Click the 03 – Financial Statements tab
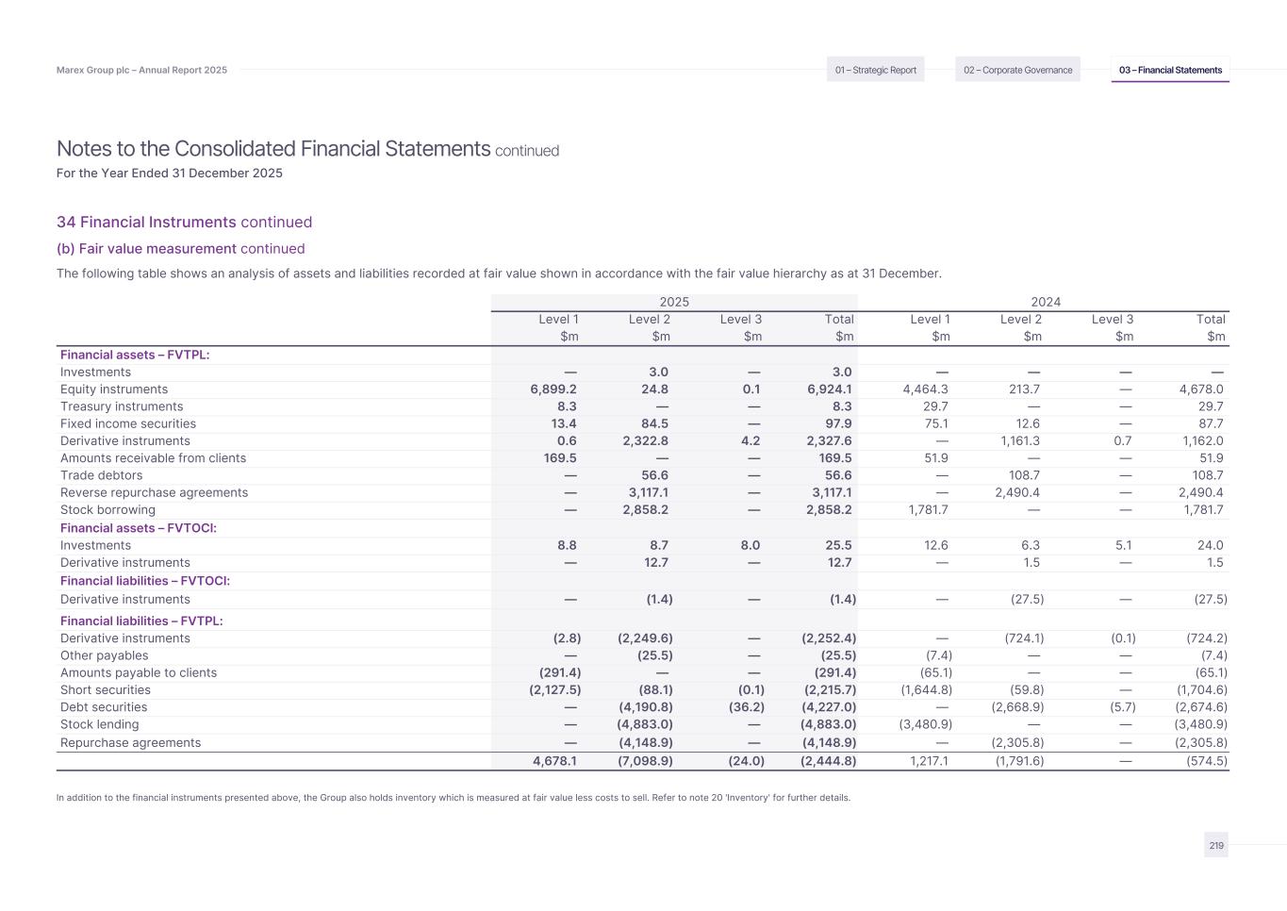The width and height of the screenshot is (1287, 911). pyautogui.click(x=1170, y=70)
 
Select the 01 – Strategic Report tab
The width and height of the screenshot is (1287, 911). pyautogui.click(x=875, y=70)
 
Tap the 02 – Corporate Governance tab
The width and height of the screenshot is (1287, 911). pyautogui.click(x=1017, y=70)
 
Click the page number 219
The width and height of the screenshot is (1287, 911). pyautogui.click(x=1216, y=846)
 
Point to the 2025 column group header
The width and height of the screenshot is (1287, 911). pyautogui.click(x=674, y=302)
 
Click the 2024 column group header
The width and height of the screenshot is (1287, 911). pyautogui.click(x=1046, y=302)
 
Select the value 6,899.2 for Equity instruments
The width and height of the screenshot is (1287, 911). pyautogui.click(x=553, y=389)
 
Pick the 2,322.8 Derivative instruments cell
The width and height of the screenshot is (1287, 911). pyautogui.click(x=645, y=441)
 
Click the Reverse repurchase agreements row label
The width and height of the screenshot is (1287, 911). pyautogui.click(x=154, y=493)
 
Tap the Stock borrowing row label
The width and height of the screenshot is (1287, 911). pyautogui.click(x=107, y=510)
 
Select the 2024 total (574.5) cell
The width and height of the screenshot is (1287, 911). pyautogui.click(x=1206, y=761)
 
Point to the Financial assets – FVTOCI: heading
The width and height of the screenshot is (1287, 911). pyautogui.click(x=139, y=528)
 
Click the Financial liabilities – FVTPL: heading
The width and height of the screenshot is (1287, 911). pyautogui.click(x=141, y=621)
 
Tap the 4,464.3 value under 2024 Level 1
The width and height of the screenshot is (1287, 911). pyautogui.click(x=925, y=389)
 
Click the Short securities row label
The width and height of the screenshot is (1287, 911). pyautogui.click(x=106, y=690)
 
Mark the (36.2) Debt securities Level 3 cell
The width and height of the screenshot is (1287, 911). pyautogui.click(x=747, y=707)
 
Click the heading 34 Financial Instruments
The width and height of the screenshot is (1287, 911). pyautogui.click(x=146, y=223)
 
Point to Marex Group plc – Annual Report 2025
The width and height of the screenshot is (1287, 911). pyautogui.click(x=141, y=71)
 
